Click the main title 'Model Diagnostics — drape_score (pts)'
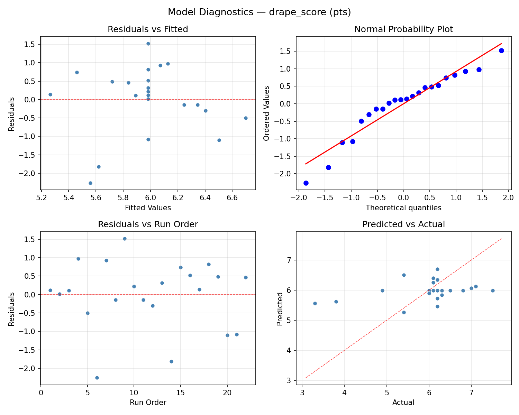(x=259, y=12)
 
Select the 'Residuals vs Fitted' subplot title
(x=148, y=29)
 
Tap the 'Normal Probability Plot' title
(x=403, y=29)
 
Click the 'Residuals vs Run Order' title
(x=148, y=224)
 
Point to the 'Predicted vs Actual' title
(x=403, y=224)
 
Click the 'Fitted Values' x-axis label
(x=148, y=208)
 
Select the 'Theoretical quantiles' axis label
(x=403, y=208)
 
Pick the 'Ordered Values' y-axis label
(x=266, y=113)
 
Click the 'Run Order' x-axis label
(x=148, y=403)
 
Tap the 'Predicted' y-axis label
(x=280, y=308)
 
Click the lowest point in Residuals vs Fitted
(x=90, y=183)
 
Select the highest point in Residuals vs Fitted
(x=148, y=44)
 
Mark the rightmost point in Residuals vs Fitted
(x=246, y=118)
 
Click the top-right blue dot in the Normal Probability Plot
(x=501, y=50)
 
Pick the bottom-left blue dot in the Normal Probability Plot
(x=306, y=183)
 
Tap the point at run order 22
(x=246, y=277)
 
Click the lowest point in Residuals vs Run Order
(x=97, y=378)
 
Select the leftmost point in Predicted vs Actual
(x=315, y=303)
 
